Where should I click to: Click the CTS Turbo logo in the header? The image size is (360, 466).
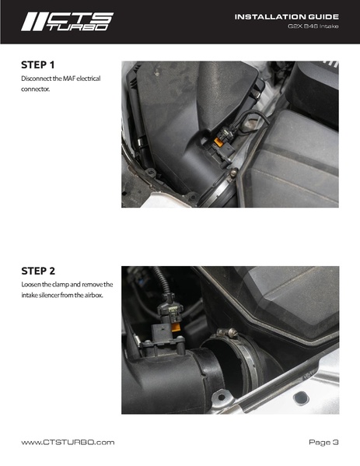(x=67, y=22)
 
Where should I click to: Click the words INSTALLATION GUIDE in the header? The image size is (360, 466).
(x=286, y=16)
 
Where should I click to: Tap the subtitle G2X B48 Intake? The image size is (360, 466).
(x=313, y=26)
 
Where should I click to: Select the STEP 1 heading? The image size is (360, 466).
(x=38, y=65)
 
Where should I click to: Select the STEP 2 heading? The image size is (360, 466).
(x=38, y=271)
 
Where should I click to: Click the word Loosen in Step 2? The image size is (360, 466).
(x=31, y=285)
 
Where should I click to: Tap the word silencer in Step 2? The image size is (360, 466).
(x=49, y=296)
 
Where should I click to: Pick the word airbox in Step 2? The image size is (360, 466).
(x=94, y=296)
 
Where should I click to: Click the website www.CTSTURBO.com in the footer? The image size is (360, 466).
(x=68, y=443)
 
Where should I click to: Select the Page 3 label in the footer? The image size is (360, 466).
(x=323, y=443)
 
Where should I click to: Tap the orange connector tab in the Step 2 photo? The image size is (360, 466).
(x=176, y=328)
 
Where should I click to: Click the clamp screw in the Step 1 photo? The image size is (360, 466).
(x=234, y=173)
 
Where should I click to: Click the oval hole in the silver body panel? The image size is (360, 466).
(x=301, y=398)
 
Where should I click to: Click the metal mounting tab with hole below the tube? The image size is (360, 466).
(x=221, y=397)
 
